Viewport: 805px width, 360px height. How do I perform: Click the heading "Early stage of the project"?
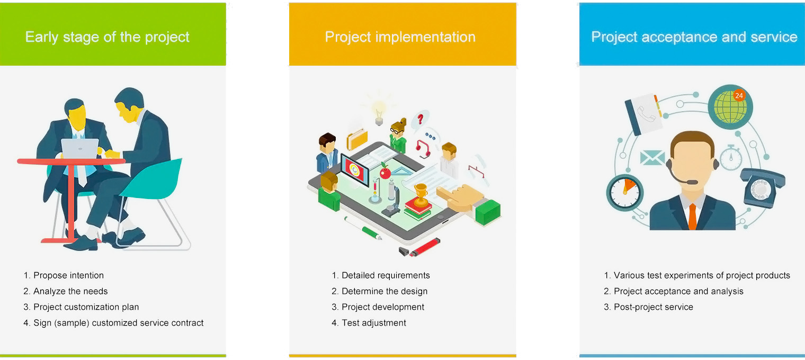tap(107, 38)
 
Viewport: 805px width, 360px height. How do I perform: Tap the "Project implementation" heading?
tap(400, 37)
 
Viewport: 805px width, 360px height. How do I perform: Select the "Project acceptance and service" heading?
tap(694, 37)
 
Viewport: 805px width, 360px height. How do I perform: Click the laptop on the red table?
tap(80, 148)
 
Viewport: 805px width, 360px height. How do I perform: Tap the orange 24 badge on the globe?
tap(739, 96)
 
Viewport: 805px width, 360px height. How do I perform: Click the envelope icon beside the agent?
tap(652, 158)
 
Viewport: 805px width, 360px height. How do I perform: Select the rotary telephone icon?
tap(762, 187)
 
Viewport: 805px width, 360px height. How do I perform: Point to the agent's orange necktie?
tap(692, 217)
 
